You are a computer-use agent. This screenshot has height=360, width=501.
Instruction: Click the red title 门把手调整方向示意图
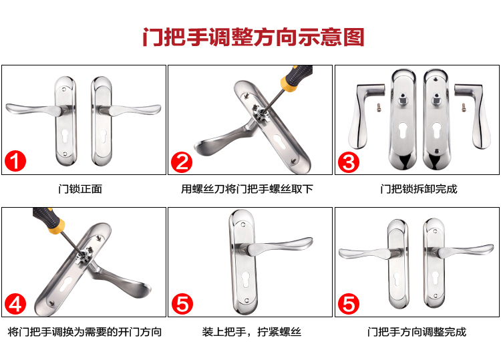(x=253, y=37)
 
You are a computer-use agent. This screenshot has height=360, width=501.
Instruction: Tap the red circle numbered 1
(x=15, y=161)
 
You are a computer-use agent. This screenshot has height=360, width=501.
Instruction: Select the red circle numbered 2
(x=182, y=162)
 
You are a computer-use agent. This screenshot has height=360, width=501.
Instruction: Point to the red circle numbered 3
(x=349, y=162)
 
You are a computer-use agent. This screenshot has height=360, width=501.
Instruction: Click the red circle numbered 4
(x=15, y=304)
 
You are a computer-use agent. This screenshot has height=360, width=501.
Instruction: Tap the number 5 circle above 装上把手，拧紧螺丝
(x=182, y=304)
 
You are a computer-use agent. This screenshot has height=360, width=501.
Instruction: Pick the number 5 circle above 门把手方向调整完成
(x=349, y=304)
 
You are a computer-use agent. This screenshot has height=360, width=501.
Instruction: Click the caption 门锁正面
(x=80, y=189)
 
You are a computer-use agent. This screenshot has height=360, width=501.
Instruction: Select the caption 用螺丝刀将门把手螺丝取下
(x=247, y=189)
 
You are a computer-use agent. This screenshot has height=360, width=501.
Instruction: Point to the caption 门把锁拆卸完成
(x=419, y=189)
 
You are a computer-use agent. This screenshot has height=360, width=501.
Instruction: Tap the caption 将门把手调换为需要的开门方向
(x=85, y=332)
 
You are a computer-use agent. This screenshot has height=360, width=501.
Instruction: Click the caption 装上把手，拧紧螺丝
(x=251, y=332)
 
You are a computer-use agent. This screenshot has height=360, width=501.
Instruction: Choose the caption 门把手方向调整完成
(x=417, y=332)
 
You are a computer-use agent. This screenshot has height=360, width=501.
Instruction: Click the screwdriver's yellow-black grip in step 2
(x=296, y=77)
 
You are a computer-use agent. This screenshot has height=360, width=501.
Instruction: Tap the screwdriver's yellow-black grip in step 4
(x=49, y=220)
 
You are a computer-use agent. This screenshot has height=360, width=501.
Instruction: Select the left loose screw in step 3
(x=379, y=107)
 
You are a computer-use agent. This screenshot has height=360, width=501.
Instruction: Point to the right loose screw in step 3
(x=464, y=107)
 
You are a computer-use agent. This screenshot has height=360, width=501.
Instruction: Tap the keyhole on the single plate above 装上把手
(x=246, y=279)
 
